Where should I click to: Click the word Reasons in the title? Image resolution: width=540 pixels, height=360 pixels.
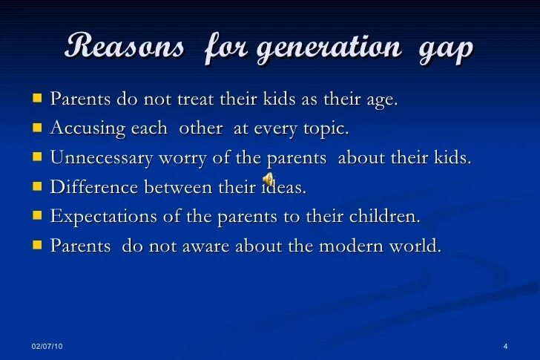tap(125, 48)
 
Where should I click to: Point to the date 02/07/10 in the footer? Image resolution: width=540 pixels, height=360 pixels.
tap(47, 347)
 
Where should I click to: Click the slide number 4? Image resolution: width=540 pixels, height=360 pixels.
tap(504, 347)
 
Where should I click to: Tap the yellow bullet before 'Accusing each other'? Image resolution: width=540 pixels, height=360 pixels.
tap(37, 128)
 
